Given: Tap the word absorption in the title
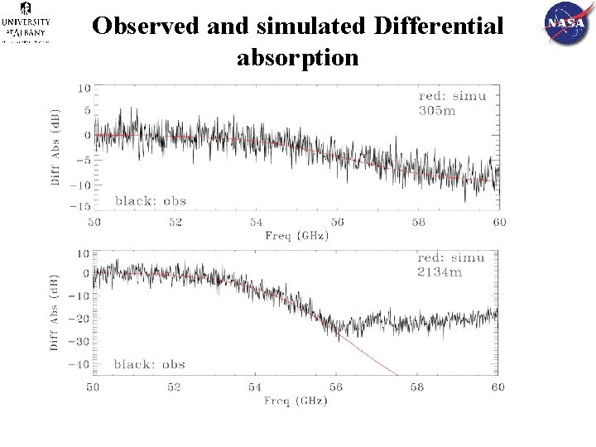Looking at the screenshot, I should [x=297, y=59].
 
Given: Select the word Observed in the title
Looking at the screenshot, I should [x=146, y=26].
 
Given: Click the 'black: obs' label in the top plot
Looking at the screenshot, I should [x=150, y=200].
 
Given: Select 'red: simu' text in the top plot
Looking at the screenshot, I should [x=452, y=96].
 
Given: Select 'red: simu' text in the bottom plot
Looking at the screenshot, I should [x=452, y=257].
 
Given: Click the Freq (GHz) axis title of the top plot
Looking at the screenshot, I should [x=296, y=235].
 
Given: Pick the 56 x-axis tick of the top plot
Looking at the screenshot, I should [x=336, y=223].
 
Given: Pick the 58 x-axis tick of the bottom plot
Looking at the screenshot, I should [x=416, y=387].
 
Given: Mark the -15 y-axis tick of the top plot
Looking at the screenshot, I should [x=81, y=206].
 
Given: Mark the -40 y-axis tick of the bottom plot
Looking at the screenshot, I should [x=80, y=365].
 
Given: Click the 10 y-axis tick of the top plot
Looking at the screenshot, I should [x=84, y=88].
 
